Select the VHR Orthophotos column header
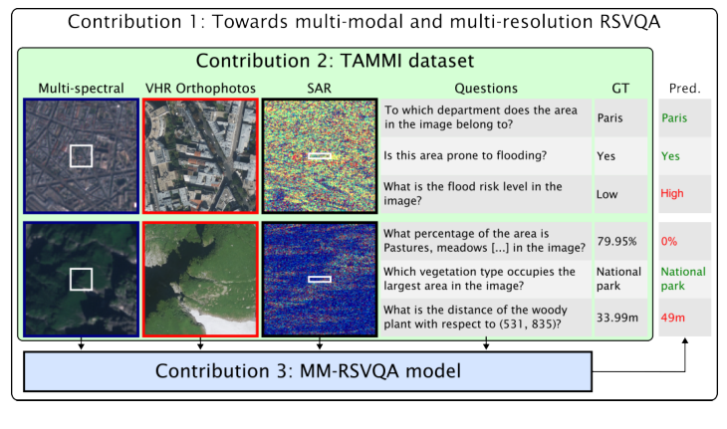point(200,89)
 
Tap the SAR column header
point(319,89)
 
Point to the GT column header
point(619,89)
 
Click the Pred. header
point(684,89)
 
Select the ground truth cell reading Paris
point(610,117)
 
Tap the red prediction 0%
point(670,241)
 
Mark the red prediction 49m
point(673,318)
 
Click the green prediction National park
point(683,278)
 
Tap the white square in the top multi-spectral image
point(80,156)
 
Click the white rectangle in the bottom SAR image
point(319,280)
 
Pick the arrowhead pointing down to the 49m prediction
point(684,340)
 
